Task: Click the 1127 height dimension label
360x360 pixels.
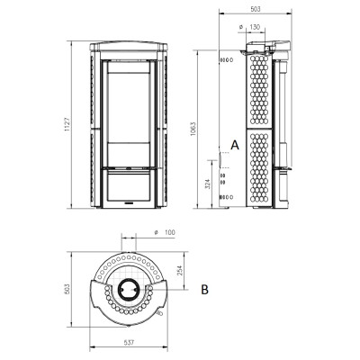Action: pos(67,124)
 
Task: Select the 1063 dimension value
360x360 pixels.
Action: pos(193,129)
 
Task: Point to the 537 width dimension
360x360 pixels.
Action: pos(129,342)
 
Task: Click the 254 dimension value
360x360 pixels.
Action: pos(180,271)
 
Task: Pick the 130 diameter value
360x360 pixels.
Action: pos(255,27)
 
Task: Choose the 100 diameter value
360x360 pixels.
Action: pos(170,232)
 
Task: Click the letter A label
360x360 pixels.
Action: pos(235,145)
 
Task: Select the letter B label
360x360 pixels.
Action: pos(204,290)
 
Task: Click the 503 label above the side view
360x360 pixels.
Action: pos(255,9)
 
